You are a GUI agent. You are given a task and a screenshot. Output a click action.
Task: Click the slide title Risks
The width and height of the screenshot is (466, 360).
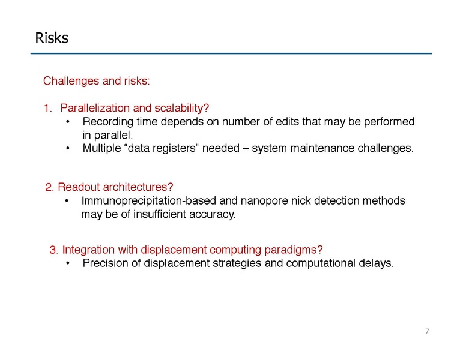52,38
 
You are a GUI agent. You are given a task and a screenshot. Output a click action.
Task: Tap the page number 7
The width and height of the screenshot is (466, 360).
427,332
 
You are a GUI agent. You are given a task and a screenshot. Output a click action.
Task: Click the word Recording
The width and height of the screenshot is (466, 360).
106,122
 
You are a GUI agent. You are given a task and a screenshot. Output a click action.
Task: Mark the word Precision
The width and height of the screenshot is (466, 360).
105,263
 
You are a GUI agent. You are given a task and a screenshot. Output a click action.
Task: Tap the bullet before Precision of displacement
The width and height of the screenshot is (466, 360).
69,263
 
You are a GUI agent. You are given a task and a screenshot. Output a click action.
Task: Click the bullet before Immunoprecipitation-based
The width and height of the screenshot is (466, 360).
68,201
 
